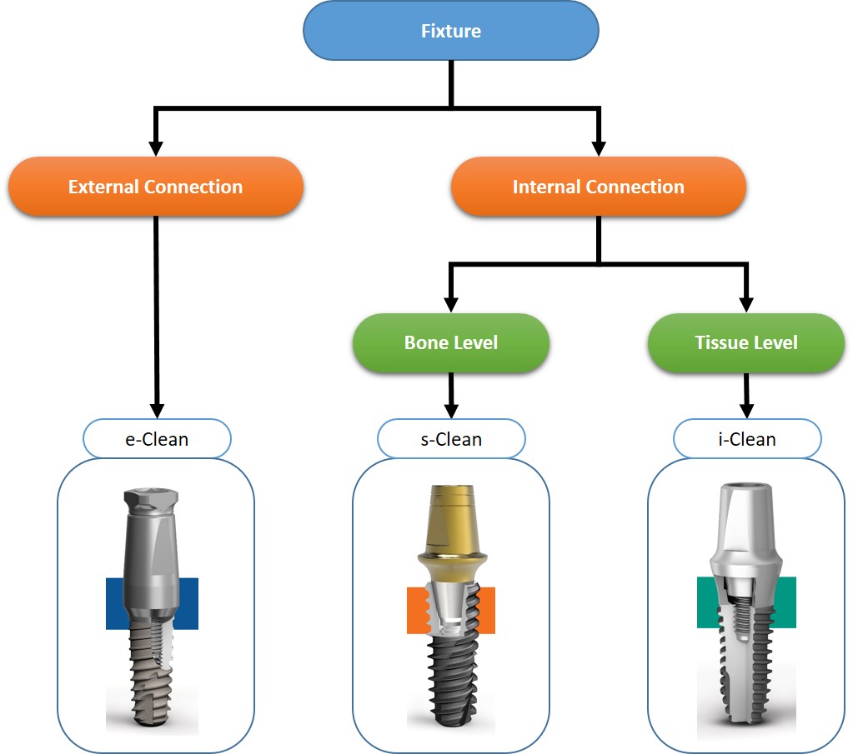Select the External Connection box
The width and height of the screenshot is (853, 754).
[156, 187]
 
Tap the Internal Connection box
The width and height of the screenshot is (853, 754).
[598, 187]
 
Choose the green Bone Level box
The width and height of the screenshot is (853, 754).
[451, 342]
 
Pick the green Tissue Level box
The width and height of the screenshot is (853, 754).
[746, 342]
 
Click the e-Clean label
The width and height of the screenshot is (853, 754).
[157, 439]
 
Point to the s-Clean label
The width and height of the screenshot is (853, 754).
[451, 439]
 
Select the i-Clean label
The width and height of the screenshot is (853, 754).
[746, 439]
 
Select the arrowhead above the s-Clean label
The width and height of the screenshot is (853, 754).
[451, 410]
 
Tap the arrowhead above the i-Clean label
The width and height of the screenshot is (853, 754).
[746, 410]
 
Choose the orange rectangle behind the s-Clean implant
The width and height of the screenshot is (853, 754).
[415, 610]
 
